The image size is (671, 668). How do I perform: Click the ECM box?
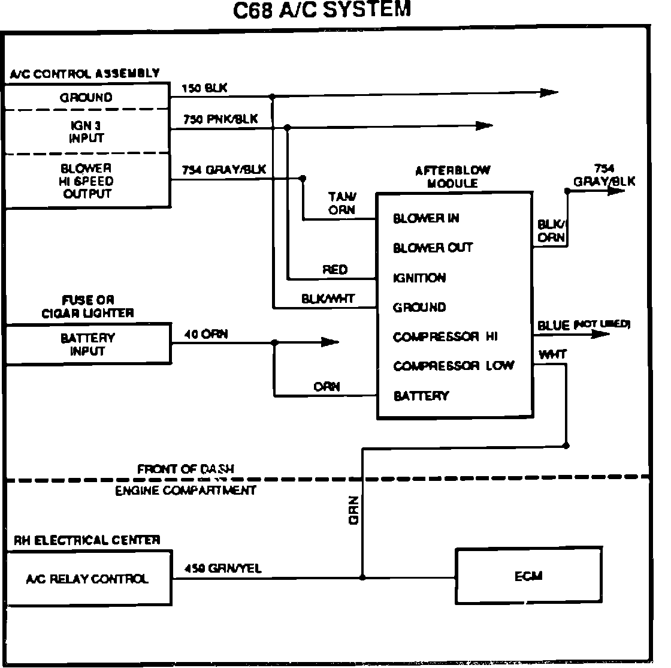(528, 576)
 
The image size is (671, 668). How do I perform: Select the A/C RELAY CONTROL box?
(87, 579)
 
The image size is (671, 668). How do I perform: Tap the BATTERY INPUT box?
(87, 344)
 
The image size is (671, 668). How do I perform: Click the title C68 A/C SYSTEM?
(322, 10)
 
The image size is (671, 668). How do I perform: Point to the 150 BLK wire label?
(205, 88)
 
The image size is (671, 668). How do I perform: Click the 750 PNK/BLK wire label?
(220, 119)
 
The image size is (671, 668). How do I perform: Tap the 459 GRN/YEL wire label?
(223, 568)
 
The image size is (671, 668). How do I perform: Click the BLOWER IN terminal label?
(426, 218)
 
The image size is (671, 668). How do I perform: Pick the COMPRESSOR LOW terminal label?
(453, 366)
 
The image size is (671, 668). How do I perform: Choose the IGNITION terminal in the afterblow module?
(419, 278)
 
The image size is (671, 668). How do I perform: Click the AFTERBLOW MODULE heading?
(452, 177)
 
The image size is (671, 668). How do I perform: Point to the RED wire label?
(335, 270)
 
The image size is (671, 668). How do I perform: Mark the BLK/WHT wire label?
(328, 298)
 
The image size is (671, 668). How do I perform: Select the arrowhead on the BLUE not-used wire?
(600, 333)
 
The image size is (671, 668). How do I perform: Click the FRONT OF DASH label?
(185, 469)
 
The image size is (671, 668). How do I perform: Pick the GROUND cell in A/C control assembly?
(86, 97)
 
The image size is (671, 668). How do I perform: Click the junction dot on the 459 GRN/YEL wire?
(362, 577)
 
